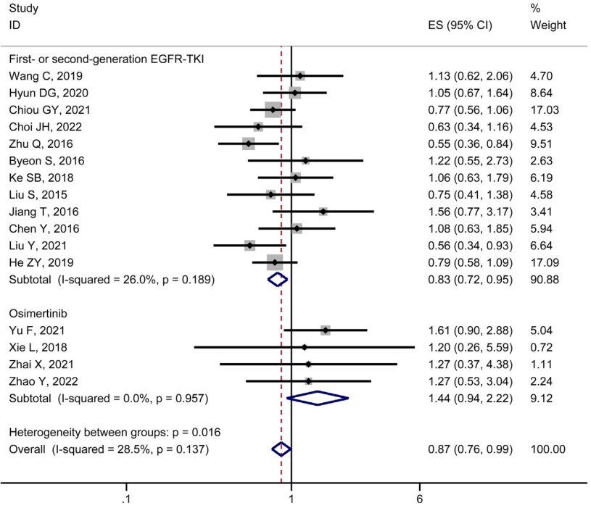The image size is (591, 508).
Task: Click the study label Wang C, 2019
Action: (x=45, y=76)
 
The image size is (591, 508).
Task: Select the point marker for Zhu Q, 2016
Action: (x=249, y=143)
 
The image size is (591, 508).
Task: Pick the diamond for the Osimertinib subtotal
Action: (x=318, y=398)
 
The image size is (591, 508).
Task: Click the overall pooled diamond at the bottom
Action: (x=281, y=449)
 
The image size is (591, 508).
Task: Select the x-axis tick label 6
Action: (x=419, y=499)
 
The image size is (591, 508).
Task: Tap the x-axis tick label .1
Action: (x=126, y=499)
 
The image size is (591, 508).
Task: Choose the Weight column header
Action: (x=548, y=25)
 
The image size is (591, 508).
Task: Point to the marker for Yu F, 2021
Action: (x=326, y=330)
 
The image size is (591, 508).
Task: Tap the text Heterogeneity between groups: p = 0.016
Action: (x=115, y=432)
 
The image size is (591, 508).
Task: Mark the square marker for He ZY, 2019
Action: (x=275, y=262)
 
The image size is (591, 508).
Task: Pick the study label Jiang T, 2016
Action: (x=44, y=212)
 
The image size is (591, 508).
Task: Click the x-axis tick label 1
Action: (x=291, y=499)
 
